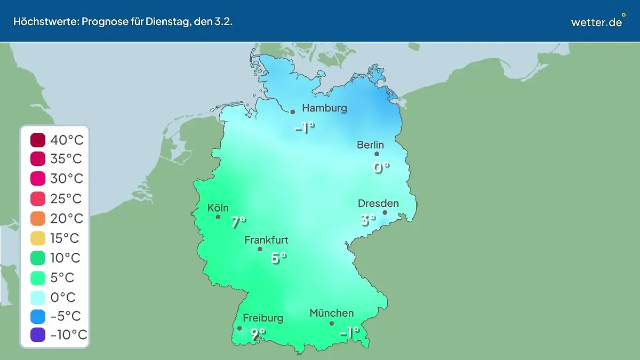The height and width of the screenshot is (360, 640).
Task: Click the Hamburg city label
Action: tap(324, 108)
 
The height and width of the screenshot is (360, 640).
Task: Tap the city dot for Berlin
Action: tap(377, 154)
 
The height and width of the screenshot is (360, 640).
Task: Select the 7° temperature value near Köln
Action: tap(238, 222)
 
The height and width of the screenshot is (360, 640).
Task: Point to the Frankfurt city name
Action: tap(266, 240)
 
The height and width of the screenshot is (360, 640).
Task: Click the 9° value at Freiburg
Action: tap(258, 334)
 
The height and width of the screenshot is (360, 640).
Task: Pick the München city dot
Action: tap(331, 323)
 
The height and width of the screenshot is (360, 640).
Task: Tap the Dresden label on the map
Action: tap(378, 203)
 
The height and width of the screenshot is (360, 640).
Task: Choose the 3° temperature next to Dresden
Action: tap(367, 219)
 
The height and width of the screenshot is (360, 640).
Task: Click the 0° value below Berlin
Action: tap(381, 168)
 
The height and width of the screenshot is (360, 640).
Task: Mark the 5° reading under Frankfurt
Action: tap(278, 258)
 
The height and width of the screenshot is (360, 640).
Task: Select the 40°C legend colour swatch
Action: tap(38, 140)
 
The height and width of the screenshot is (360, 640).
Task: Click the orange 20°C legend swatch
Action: tap(38, 219)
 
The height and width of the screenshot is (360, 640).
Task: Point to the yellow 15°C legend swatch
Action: tap(38, 238)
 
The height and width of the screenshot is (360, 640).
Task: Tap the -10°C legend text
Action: tap(68, 335)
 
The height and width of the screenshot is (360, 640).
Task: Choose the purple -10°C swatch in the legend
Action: tap(38, 335)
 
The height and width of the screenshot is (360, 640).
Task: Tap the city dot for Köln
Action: tap(218, 217)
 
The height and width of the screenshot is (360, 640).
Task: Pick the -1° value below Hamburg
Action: tap(305, 128)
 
